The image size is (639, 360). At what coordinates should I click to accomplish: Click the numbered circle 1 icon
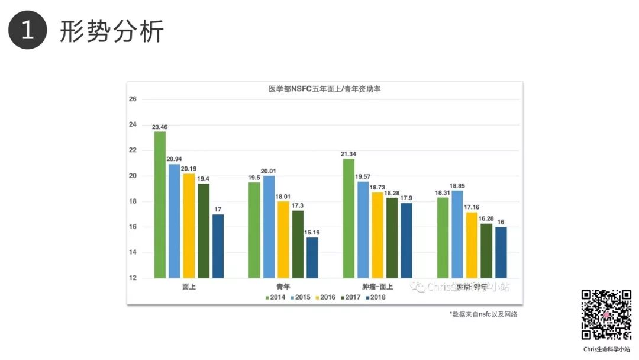(x=27, y=30)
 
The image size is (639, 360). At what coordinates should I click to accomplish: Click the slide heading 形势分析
(x=111, y=31)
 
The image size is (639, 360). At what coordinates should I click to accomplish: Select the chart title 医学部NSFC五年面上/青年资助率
(x=324, y=89)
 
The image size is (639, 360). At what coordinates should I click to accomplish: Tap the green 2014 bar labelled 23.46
(x=160, y=204)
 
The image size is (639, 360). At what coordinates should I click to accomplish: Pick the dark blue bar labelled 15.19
(x=312, y=257)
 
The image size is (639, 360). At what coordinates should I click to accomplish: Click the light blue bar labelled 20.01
(x=269, y=226)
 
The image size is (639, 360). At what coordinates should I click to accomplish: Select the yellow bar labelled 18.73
(x=377, y=234)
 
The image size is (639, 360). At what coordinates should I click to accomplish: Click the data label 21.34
(x=348, y=154)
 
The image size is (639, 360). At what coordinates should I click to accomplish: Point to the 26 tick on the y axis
(x=133, y=99)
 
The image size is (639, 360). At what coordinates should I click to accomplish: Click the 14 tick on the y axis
(x=133, y=253)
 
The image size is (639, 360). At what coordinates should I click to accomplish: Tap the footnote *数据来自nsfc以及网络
(x=483, y=314)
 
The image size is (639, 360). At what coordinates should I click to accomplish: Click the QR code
(x=606, y=315)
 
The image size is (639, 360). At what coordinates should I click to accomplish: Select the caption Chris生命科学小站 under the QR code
(x=606, y=349)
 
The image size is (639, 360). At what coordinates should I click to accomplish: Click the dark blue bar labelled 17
(x=218, y=246)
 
